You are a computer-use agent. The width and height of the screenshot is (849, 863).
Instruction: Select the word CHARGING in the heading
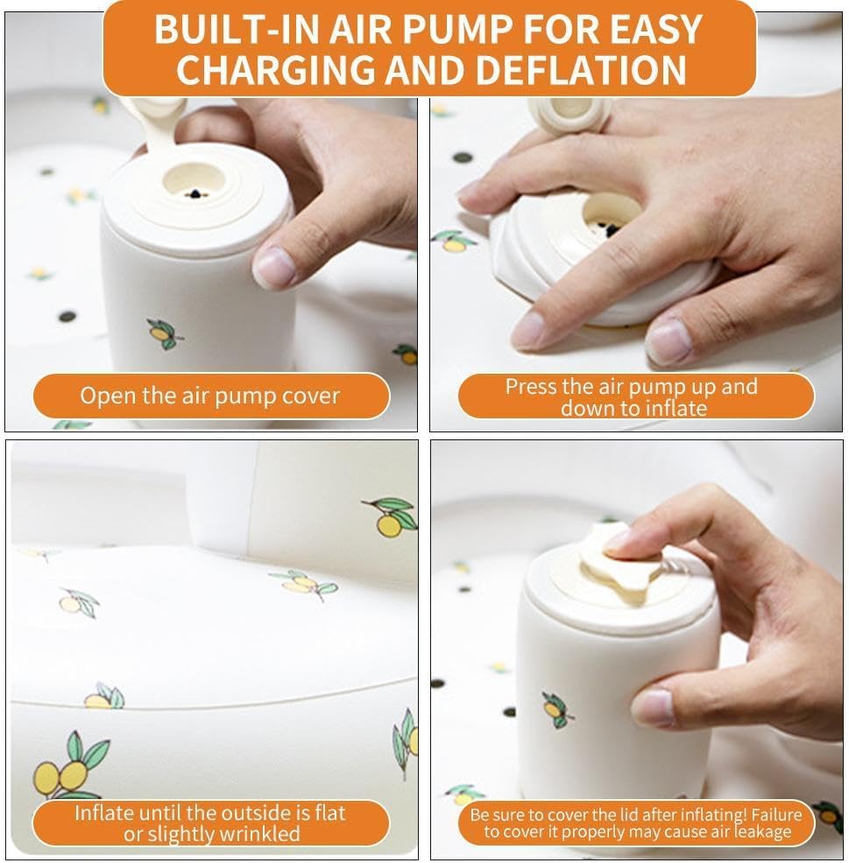pos(278,70)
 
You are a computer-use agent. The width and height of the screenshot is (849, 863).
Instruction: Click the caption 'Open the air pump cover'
pos(210,396)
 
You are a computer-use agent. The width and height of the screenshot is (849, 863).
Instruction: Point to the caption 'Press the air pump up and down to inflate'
pos(632,396)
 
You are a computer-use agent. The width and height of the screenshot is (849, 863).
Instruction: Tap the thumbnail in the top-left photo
pos(272,267)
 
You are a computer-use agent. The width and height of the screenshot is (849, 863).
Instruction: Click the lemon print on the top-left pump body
pos(164,333)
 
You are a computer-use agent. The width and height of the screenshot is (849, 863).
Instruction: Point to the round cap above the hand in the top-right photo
pos(569,115)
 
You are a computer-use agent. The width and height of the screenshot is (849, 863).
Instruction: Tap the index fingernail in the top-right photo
pos(531,329)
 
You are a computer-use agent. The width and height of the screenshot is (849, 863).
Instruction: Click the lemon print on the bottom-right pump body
pos(556,710)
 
